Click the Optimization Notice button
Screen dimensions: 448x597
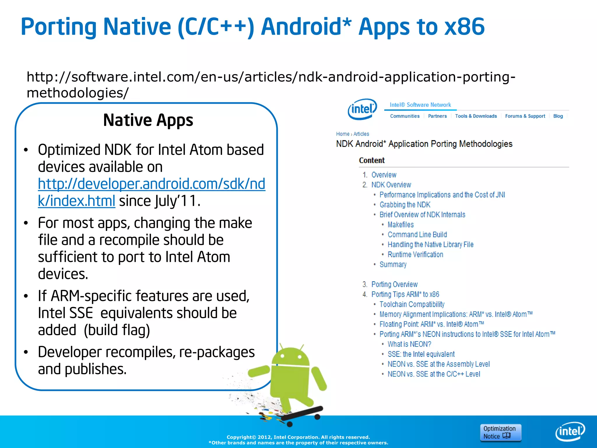point(500,432)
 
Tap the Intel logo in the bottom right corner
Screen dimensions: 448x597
point(570,431)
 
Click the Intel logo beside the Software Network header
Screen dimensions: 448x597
point(362,109)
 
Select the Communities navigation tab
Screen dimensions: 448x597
point(405,116)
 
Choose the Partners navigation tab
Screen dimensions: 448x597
point(437,116)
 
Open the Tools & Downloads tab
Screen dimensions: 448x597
point(476,116)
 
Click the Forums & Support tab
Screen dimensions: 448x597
point(525,116)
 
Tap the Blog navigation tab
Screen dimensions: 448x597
point(558,116)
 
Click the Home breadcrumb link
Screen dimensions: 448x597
point(343,134)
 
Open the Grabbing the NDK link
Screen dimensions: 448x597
point(405,205)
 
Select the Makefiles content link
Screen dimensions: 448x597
point(401,225)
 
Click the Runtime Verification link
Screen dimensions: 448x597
point(415,255)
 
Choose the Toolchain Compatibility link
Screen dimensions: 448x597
point(412,304)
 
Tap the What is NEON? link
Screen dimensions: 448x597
point(409,344)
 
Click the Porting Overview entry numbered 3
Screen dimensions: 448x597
point(394,284)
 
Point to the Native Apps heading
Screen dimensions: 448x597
point(148,120)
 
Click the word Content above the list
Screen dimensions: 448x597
point(372,160)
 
